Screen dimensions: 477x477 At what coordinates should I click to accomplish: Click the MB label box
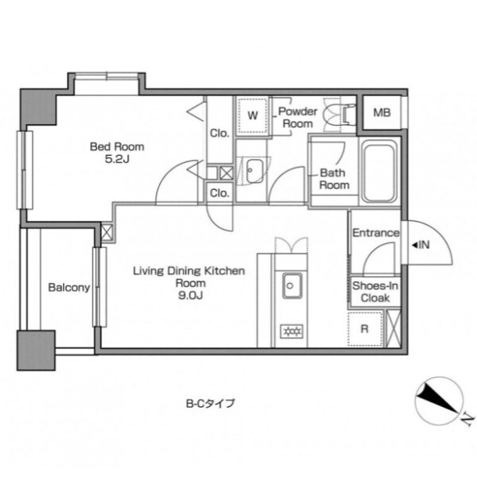click(382, 113)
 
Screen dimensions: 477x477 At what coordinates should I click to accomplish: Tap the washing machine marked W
click(253, 115)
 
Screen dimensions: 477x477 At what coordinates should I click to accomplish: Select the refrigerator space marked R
click(365, 329)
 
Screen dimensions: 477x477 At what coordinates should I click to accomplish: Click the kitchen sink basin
click(293, 285)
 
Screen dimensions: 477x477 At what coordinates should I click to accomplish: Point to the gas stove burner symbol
click(292, 332)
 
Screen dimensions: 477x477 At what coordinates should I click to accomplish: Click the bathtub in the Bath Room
click(380, 173)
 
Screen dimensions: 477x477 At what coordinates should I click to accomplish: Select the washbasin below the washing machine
click(254, 171)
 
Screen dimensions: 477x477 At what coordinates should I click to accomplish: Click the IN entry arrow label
click(421, 245)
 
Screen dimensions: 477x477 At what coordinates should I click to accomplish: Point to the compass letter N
click(467, 421)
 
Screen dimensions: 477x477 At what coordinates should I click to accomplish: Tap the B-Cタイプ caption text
click(211, 404)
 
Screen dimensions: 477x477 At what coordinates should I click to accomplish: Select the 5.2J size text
click(117, 159)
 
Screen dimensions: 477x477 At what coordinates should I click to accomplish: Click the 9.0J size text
click(191, 296)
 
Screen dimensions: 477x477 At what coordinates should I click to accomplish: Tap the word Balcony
click(69, 288)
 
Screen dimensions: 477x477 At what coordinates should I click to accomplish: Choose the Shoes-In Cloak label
click(375, 292)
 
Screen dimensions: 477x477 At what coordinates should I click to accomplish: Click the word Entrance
click(376, 233)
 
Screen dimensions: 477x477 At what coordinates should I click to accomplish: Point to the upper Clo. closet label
click(219, 134)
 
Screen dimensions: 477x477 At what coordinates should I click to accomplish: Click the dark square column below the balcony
click(36, 351)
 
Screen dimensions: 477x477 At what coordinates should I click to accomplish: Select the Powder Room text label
click(297, 118)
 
